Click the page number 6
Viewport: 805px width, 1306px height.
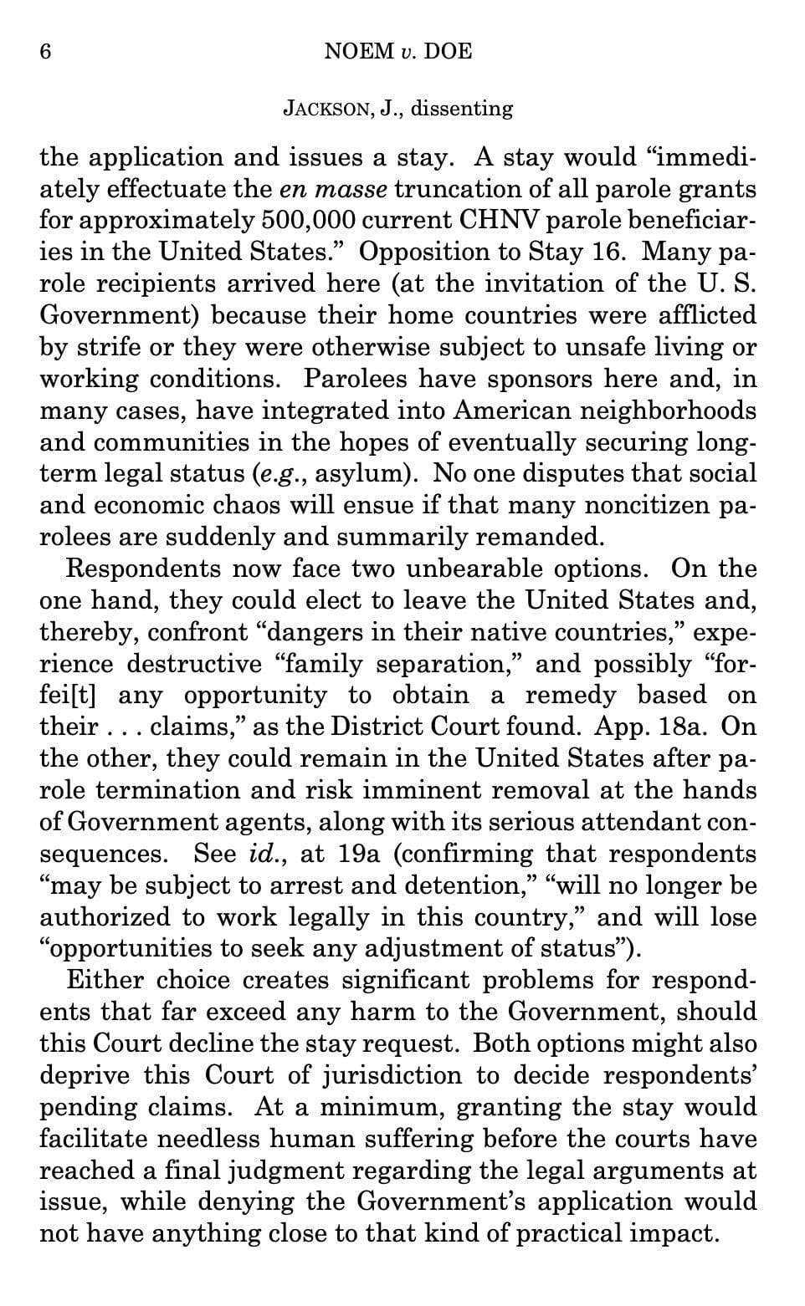point(46,52)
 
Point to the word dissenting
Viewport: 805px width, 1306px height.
point(462,109)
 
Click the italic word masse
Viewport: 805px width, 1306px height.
point(356,189)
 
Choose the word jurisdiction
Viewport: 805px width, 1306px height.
point(394,1074)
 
